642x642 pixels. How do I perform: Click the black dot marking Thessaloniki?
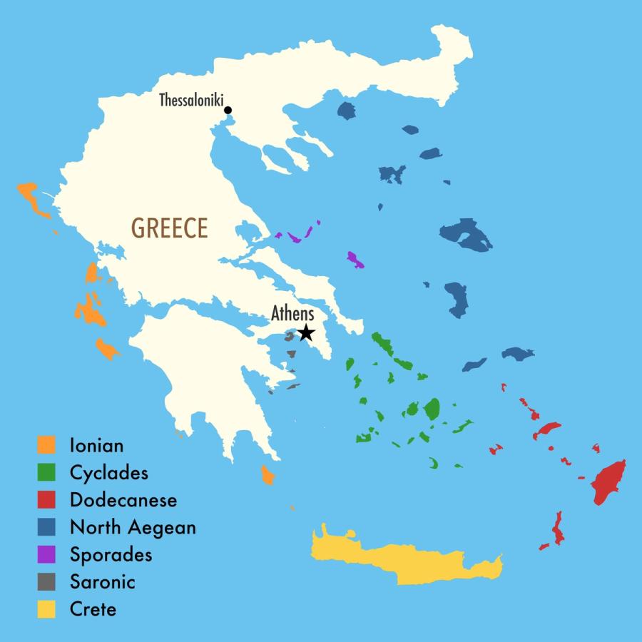click(x=228, y=110)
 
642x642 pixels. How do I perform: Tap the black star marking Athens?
click(x=306, y=332)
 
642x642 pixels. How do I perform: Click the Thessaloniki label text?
click(x=190, y=100)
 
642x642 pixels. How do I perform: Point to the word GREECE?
click(x=170, y=228)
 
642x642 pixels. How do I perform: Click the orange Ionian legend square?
click(x=46, y=445)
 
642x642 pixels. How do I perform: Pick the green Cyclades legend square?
click(x=46, y=472)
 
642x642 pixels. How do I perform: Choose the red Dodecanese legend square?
click(x=46, y=500)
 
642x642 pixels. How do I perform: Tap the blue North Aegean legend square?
click(x=46, y=527)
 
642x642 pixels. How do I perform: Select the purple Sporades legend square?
click(x=46, y=554)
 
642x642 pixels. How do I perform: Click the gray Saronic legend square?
click(x=46, y=581)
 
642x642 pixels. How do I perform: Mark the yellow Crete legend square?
click(x=46, y=609)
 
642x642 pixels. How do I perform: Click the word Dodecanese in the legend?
click(x=123, y=500)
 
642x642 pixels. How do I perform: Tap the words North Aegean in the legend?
click(x=133, y=527)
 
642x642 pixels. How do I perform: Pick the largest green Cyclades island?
click(x=432, y=408)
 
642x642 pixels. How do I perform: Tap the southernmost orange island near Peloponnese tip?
click(x=267, y=475)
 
